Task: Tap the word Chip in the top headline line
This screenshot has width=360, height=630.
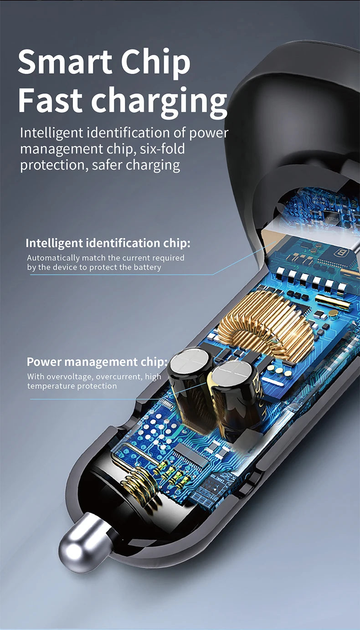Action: point(156,64)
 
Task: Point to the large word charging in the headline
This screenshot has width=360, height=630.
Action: point(159,102)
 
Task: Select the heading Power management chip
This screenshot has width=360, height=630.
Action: point(97,362)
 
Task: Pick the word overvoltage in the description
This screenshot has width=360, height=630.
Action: point(69,377)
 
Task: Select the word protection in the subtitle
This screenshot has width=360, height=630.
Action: point(52,165)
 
